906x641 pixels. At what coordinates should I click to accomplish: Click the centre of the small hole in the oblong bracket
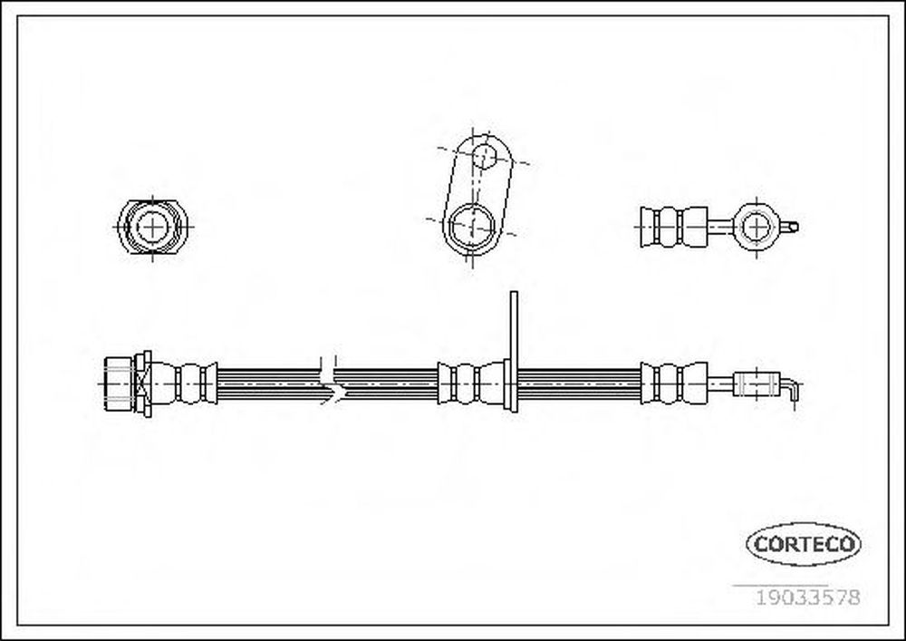(484, 155)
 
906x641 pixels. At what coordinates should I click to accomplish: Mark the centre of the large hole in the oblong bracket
(473, 226)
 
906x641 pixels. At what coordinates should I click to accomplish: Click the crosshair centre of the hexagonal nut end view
(152, 228)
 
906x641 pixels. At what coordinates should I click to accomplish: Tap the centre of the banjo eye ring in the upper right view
(756, 227)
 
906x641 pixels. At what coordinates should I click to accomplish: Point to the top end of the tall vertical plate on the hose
(514, 292)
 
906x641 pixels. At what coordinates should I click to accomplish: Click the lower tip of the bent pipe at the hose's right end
(795, 401)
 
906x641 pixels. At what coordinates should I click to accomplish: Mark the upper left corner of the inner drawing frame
(17, 16)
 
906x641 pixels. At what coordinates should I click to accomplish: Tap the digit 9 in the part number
(769, 597)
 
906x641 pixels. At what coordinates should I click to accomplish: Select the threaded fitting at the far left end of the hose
(128, 384)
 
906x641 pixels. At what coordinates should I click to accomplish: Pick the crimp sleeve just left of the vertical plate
(471, 383)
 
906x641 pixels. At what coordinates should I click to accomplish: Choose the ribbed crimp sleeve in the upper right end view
(674, 228)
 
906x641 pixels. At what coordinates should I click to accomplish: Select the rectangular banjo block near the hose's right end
(757, 384)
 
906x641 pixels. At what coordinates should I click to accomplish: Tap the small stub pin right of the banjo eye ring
(789, 228)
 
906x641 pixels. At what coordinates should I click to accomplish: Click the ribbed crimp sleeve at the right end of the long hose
(674, 384)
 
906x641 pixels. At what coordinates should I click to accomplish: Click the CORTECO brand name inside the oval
(804, 544)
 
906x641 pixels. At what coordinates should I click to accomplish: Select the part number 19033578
(808, 597)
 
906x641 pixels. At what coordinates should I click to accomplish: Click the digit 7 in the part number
(841, 597)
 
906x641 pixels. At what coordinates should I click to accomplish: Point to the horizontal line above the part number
(781, 586)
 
